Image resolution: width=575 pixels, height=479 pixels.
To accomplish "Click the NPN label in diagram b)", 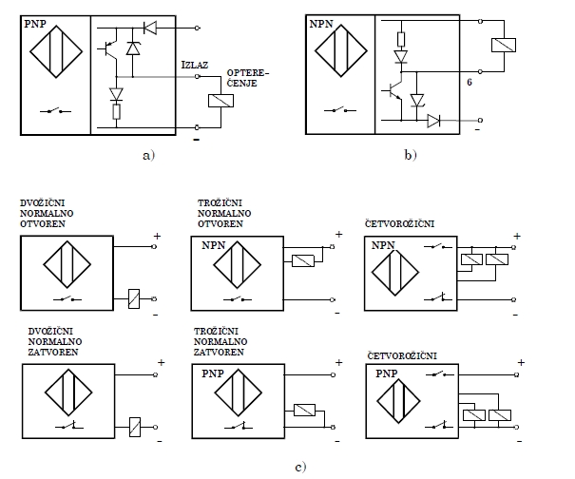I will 324,21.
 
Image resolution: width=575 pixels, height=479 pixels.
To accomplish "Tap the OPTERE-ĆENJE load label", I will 248,77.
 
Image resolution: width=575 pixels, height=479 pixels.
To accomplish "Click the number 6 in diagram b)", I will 470,83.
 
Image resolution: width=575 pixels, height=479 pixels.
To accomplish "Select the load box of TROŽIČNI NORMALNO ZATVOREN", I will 305,410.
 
